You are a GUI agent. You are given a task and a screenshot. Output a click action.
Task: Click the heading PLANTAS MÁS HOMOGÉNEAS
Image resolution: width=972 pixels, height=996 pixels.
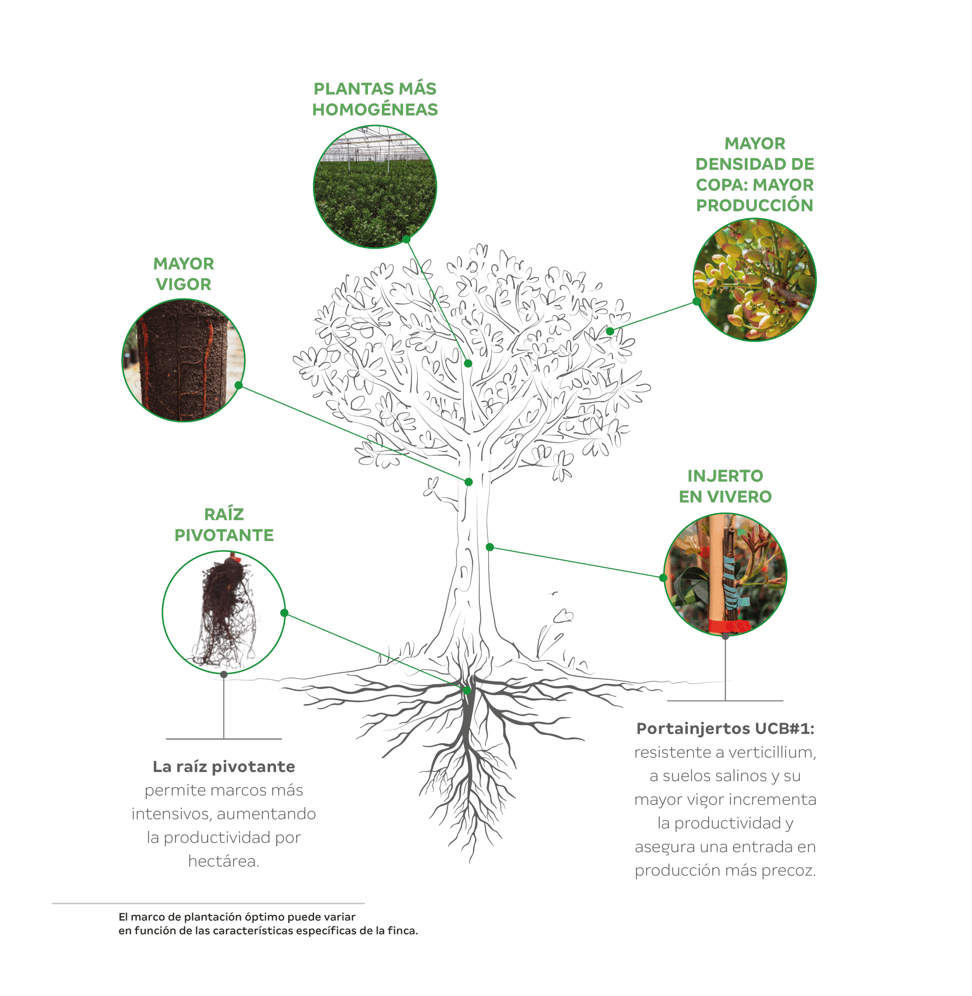(x=375, y=99)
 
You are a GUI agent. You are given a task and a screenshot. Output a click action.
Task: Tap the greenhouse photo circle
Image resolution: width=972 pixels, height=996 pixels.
(x=375, y=187)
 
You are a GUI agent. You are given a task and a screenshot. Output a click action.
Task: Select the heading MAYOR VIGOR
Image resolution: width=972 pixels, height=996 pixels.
(x=184, y=274)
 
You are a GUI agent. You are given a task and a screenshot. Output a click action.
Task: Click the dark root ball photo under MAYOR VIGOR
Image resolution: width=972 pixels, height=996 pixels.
(x=184, y=360)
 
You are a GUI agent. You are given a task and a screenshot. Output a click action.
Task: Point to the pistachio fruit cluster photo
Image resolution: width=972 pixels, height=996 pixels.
(x=754, y=280)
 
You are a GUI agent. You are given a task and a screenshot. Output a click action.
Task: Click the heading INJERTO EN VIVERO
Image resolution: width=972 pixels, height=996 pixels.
(x=725, y=486)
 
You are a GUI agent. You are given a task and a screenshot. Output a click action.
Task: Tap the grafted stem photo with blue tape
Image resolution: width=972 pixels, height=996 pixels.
(x=725, y=574)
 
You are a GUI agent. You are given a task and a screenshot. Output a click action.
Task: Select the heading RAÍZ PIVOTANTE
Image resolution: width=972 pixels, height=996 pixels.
(x=224, y=524)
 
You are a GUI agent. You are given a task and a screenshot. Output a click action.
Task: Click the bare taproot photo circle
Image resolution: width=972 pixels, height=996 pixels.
(x=224, y=612)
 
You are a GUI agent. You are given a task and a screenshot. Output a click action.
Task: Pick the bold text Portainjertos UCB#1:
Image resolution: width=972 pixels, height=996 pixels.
(x=725, y=728)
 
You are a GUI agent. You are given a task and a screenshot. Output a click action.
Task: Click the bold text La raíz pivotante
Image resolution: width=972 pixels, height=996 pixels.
(x=224, y=766)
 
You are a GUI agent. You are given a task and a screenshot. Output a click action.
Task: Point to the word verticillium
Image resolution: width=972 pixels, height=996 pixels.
(x=772, y=752)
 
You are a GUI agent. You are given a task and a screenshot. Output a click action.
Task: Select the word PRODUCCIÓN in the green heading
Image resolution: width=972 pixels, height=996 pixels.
(x=754, y=205)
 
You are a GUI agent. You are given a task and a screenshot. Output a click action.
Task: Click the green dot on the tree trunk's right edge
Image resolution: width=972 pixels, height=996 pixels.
(x=490, y=547)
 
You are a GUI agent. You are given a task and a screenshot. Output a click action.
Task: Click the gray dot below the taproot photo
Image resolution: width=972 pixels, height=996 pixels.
(x=224, y=674)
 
